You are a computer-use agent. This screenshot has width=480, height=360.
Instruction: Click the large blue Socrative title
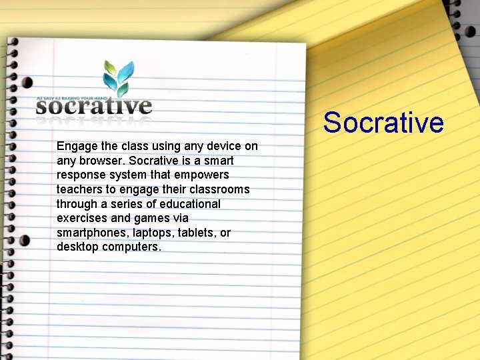click(x=383, y=123)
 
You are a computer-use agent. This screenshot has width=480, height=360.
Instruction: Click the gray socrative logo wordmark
click(x=94, y=107)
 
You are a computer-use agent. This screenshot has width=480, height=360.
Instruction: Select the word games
click(x=152, y=218)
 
